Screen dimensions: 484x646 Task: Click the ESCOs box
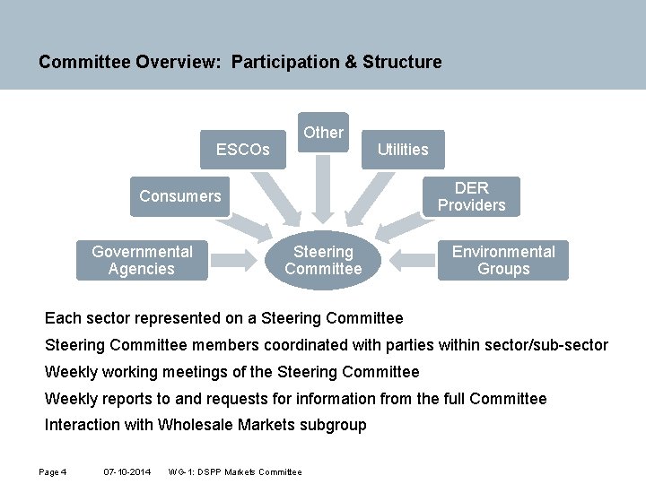(x=242, y=150)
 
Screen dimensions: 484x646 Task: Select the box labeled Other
(x=323, y=133)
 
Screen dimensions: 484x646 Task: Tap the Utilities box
(x=403, y=150)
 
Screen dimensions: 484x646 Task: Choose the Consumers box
(x=180, y=196)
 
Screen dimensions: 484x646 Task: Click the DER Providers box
(x=471, y=196)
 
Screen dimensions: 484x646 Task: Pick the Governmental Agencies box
(x=142, y=260)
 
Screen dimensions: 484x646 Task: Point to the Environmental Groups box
(x=503, y=260)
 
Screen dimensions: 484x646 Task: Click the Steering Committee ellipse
(x=323, y=260)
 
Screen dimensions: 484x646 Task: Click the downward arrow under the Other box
(x=323, y=188)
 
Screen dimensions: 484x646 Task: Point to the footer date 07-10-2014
(x=127, y=471)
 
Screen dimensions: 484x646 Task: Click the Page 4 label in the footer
(x=53, y=471)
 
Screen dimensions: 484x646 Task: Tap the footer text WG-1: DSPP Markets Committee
(x=235, y=471)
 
